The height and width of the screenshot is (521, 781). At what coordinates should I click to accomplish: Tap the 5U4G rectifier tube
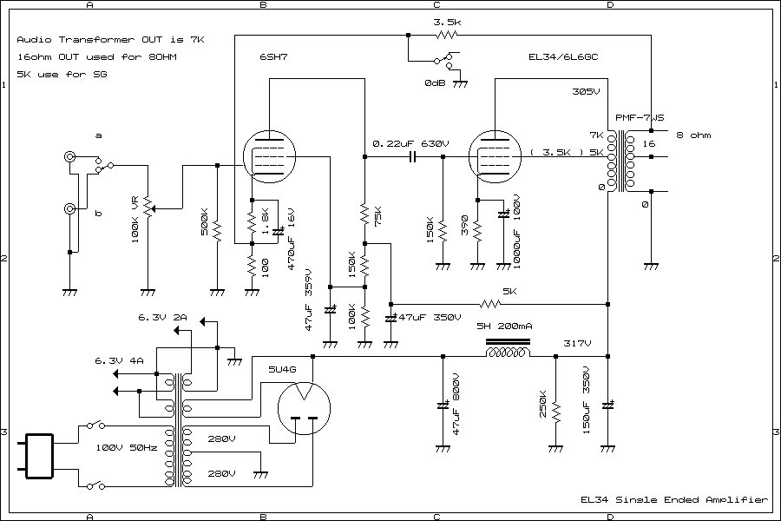point(303,407)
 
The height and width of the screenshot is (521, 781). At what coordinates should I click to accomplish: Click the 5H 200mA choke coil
point(509,354)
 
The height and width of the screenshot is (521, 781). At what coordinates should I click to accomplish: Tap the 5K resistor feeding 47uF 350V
point(492,305)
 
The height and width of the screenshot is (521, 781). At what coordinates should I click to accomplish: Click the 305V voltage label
point(586,91)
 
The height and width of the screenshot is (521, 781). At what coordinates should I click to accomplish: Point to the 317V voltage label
point(576,343)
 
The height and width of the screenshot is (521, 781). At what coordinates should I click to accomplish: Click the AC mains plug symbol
point(37,456)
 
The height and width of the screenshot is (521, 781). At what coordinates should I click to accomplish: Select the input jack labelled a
point(69,157)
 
